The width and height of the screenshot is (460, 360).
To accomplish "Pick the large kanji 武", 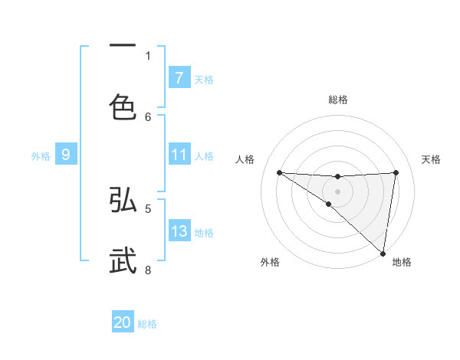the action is [123, 260].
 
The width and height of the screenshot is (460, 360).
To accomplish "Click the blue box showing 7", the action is [179, 77].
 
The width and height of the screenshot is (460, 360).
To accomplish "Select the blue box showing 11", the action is [179, 155].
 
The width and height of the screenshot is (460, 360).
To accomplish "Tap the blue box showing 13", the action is [179, 231].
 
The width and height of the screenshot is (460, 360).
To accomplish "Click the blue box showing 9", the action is [66, 155].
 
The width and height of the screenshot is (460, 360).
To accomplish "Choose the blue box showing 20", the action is [123, 322].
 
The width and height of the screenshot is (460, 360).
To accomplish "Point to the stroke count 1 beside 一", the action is [148, 55].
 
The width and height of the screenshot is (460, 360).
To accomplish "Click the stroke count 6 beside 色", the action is [148, 116].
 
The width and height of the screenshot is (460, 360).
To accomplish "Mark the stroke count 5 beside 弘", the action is [148, 208].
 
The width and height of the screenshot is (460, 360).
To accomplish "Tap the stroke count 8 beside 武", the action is [148, 270].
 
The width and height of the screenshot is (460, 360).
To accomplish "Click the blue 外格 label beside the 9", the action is [41, 156].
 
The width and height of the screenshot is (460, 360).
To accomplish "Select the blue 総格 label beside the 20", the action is [147, 324].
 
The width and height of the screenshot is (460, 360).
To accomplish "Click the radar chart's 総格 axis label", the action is [338, 100].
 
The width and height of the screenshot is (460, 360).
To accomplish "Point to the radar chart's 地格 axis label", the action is [402, 263].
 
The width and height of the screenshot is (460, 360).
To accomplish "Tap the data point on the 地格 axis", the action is [383, 253].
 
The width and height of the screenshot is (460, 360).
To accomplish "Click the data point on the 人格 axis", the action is [279, 172].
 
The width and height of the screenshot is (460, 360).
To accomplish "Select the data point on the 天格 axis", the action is [396, 172].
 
